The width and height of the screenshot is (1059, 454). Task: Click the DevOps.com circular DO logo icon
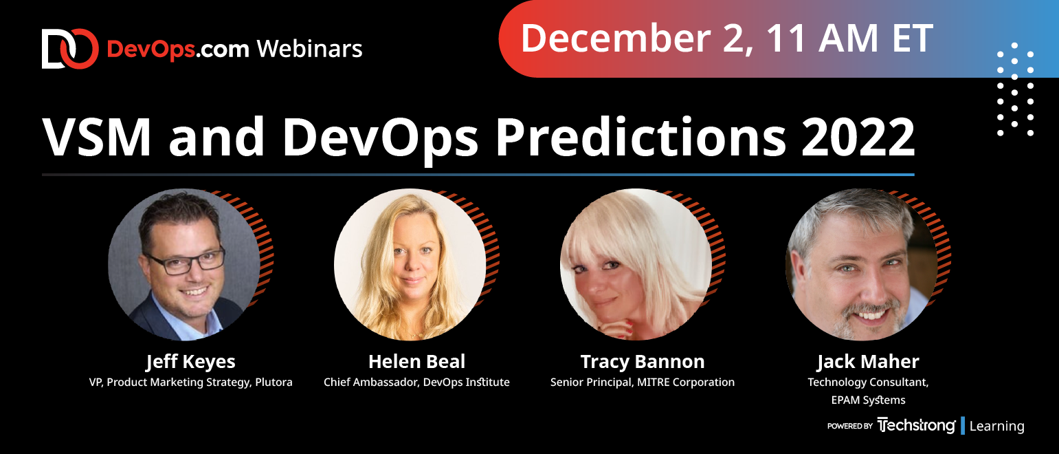click(x=70, y=49)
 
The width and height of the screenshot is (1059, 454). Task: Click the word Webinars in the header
click(x=310, y=49)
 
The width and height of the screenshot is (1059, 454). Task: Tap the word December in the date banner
click(x=616, y=39)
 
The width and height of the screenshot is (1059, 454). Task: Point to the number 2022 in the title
click(x=858, y=138)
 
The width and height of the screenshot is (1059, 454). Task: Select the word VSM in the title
click(x=97, y=138)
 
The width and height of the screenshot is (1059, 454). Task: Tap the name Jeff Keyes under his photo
click(x=190, y=362)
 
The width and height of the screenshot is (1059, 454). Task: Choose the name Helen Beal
click(x=416, y=362)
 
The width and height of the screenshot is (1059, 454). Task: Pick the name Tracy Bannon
click(x=643, y=362)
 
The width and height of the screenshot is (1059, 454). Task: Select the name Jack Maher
click(x=868, y=362)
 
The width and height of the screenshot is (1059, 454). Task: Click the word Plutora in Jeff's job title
click(x=274, y=382)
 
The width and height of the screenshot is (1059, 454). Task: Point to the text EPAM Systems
click(x=868, y=400)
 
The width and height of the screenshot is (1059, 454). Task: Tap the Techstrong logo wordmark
click(x=916, y=425)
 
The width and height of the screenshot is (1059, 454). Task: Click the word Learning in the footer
click(x=996, y=426)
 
